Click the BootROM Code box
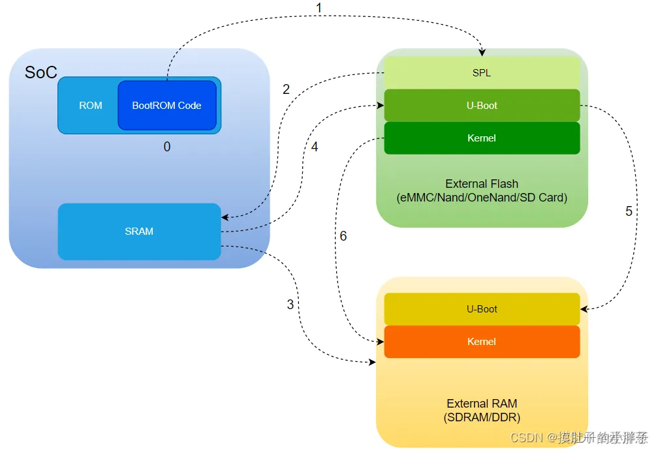pyautogui.click(x=166, y=105)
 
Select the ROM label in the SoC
pyautogui.click(x=91, y=105)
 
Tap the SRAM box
pyautogui.click(x=139, y=232)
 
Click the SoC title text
pyautogui.click(x=41, y=72)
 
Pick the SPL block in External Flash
pyautogui.click(x=482, y=73)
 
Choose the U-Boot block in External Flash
pyautogui.click(x=482, y=106)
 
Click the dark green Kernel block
pyautogui.click(x=482, y=138)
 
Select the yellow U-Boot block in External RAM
pyautogui.click(x=482, y=309)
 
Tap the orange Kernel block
pyautogui.click(x=482, y=342)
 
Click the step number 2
pyautogui.click(x=286, y=90)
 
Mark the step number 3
pyautogui.click(x=290, y=305)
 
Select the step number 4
pyautogui.click(x=315, y=147)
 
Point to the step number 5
pyautogui.click(x=629, y=211)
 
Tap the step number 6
pyautogui.click(x=343, y=236)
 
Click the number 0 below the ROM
pyautogui.click(x=167, y=147)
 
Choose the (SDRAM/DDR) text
pyautogui.click(x=482, y=417)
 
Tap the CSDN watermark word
pyautogui.click(x=527, y=437)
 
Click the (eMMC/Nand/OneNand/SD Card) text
pyautogui.click(x=482, y=198)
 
